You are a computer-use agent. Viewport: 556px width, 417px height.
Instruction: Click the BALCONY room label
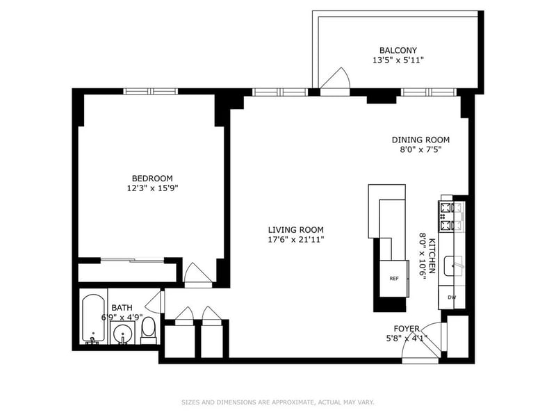tap(398, 50)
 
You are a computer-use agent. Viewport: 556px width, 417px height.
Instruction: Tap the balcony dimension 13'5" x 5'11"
tap(398, 60)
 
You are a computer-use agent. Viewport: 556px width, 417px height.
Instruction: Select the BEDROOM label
tap(152, 178)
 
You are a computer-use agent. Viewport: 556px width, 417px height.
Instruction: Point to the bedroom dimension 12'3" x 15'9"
tap(152, 188)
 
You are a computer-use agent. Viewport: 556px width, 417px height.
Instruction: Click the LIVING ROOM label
tap(296, 230)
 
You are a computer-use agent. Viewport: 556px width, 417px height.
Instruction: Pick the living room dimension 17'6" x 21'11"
tap(296, 240)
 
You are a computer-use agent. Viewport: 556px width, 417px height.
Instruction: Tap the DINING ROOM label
tap(420, 139)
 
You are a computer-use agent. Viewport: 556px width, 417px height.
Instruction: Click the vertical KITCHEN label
tap(432, 256)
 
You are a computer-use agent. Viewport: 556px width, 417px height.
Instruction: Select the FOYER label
tap(407, 329)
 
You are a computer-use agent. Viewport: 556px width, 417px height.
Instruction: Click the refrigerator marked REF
tap(393, 279)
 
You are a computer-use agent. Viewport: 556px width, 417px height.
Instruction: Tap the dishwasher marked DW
tap(452, 298)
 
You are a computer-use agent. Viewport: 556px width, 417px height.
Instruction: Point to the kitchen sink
tap(456, 263)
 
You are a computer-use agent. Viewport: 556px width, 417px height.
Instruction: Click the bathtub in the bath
tap(94, 320)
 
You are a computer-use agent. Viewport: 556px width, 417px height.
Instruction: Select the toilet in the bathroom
tap(149, 332)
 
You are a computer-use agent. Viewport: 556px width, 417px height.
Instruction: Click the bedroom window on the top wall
tap(152, 90)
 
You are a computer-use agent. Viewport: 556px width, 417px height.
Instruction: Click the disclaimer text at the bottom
tap(277, 402)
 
